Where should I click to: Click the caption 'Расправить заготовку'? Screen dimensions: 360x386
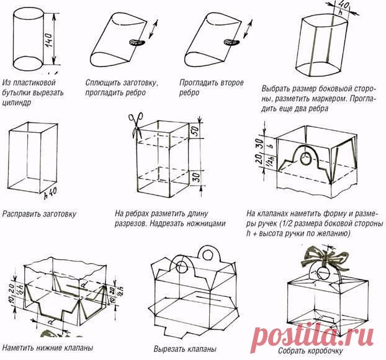coord(39,214)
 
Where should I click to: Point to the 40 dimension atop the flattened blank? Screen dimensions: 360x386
coord(344,7)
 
